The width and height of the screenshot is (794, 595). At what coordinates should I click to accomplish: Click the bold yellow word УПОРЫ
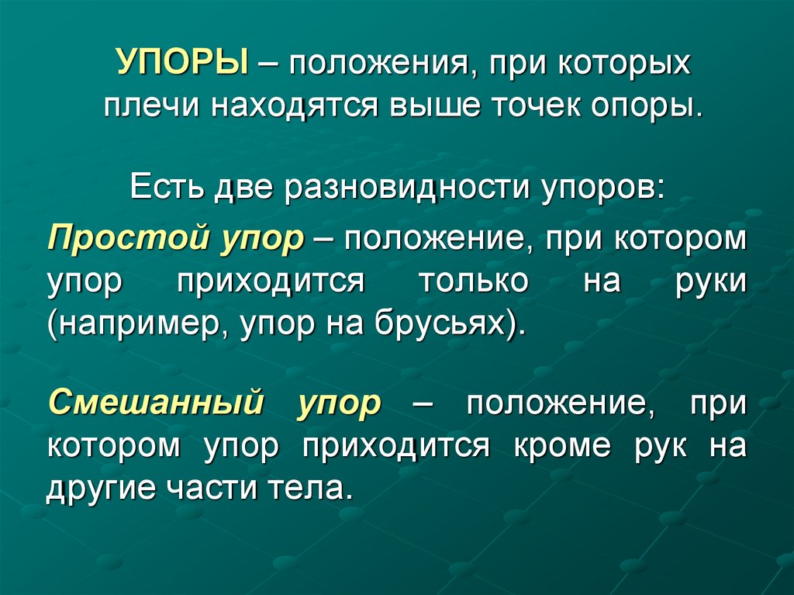pos(183,62)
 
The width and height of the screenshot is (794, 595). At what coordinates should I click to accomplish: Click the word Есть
pos(164,188)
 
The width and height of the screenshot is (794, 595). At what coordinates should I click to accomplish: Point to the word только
pos(474,279)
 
